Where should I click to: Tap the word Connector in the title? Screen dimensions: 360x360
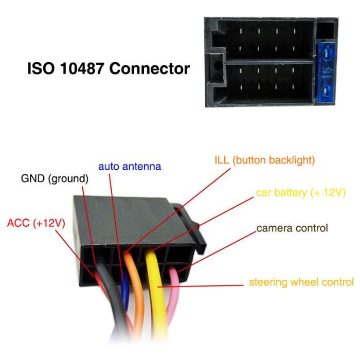pyautogui.click(x=154, y=68)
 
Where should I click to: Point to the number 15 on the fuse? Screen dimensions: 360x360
pyautogui.click(x=327, y=70)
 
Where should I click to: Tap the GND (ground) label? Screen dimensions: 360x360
pyautogui.click(x=55, y=179)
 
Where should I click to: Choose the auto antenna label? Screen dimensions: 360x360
pyautogui.click(x=130, y=167)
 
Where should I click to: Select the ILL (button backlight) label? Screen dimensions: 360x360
pyautogui.click(x=264, y=160)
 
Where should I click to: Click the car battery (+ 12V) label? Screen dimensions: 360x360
pyautogui.click(x=300, y=193)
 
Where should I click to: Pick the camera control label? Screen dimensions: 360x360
pyautogui.click(x=292, y=227)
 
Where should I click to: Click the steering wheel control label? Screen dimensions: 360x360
pyautogui.click(x=301, y=282)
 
